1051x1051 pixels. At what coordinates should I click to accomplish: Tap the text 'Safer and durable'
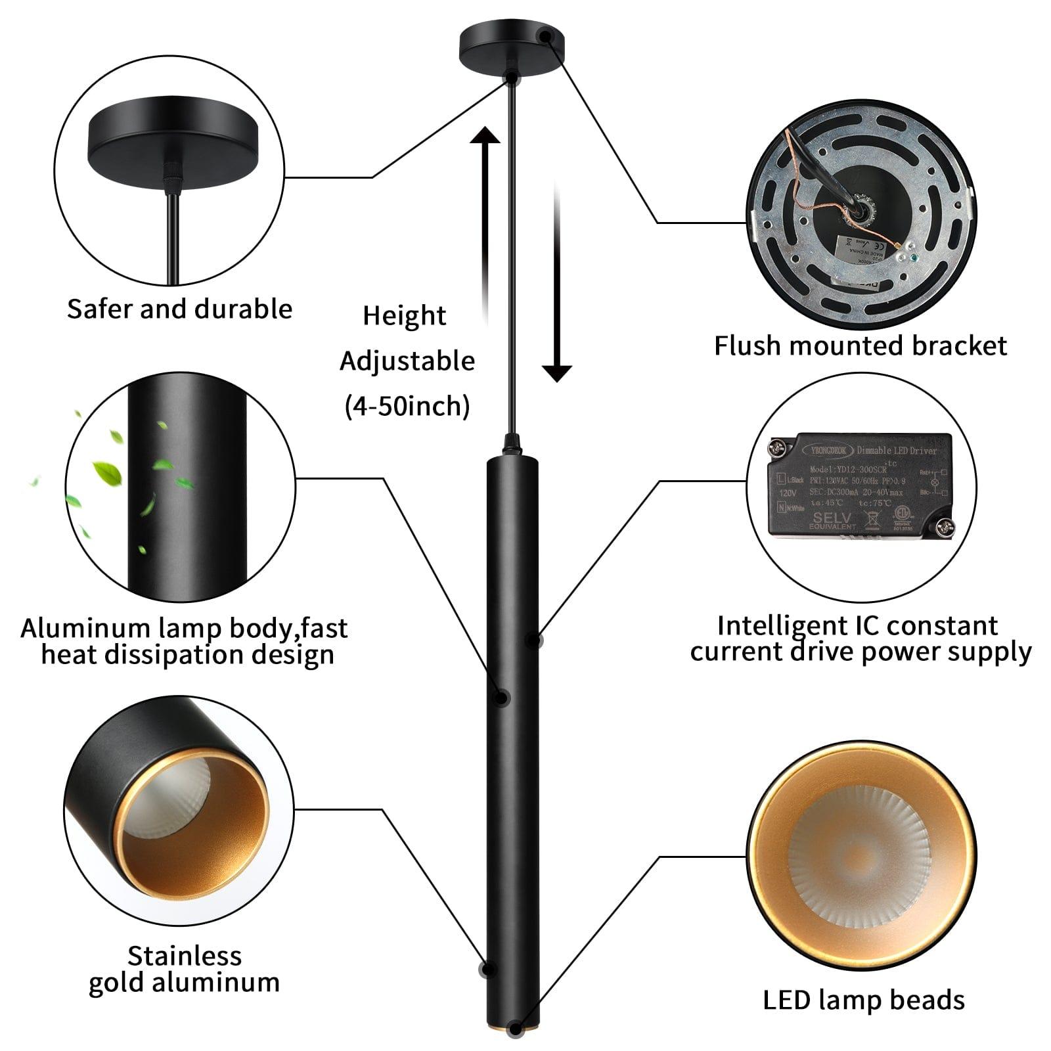pyautogui.click(x=179, y=309)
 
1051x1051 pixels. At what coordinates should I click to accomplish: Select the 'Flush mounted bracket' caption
pyautogui.click(x=861, y=346)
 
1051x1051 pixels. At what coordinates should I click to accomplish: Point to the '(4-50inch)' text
pyautogui.click(x=407, y=406)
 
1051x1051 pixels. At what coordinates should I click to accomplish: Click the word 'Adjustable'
pyautogui.click(x=407, y=361)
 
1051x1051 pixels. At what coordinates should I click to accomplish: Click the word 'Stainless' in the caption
pyautogui.click(x=185, y=955)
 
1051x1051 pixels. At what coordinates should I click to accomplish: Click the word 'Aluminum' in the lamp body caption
pyautogui.click(x=85, y=628)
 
